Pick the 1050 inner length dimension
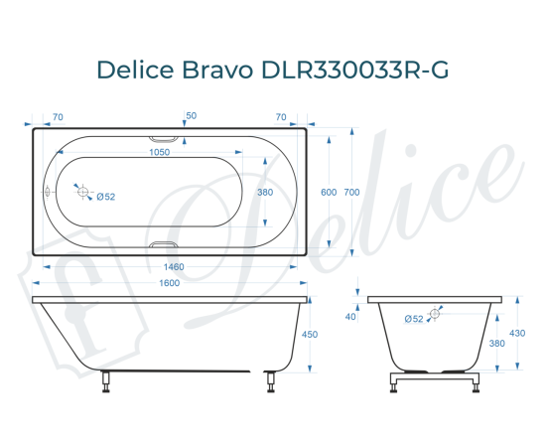[159, 152]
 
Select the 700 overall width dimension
[350, 193]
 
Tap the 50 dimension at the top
[191, 116]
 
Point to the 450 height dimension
[309, 335]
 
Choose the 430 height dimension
[517, 333]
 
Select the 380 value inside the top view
[264, 193]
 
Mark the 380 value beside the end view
[496, 344]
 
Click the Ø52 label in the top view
[106, 197]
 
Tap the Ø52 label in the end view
[415, 319]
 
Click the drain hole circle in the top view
[84, 193]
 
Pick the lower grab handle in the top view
[165, 244]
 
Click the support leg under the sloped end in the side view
[106, 381]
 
